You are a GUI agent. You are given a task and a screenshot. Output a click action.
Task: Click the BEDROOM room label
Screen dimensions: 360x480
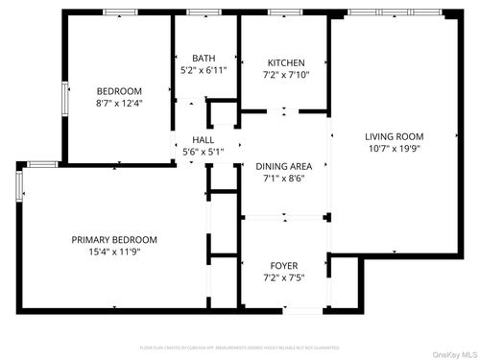tap(118, 91)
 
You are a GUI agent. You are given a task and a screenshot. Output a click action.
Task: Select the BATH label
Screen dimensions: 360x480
tap(204, 59)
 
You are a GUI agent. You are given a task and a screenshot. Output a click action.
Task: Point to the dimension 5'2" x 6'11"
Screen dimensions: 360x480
tap(204, 71)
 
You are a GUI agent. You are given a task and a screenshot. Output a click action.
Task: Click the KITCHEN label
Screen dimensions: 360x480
tap(285, 62)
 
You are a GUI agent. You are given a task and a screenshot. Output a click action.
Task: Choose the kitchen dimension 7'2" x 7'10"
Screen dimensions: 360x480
tap(285, 75)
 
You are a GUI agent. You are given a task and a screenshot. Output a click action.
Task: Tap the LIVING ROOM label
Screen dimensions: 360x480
tap(394, 136)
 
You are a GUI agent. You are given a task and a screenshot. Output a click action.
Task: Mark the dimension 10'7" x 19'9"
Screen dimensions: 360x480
tap(394, 149)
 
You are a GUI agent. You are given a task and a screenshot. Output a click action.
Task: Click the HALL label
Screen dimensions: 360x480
tap(203, 140)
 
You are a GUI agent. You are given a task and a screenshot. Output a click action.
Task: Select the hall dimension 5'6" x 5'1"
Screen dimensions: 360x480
tap(203, 152)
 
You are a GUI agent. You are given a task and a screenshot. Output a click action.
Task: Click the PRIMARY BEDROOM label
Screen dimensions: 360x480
tap(114, 239)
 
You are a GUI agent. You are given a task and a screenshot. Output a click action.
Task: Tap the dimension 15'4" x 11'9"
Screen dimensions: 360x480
tap(114, 252)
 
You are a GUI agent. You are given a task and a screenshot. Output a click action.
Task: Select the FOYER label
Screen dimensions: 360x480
tap(284, 265)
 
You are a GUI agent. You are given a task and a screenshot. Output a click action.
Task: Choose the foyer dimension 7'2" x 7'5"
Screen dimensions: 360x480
tap(284, 277)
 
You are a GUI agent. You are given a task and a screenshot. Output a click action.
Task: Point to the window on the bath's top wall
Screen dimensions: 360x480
tap(204, 12)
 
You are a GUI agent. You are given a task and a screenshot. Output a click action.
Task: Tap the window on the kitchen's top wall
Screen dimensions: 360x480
tap(284, 12)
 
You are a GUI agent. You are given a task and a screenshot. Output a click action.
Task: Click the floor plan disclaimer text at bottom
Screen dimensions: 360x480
tap(240, 347)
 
